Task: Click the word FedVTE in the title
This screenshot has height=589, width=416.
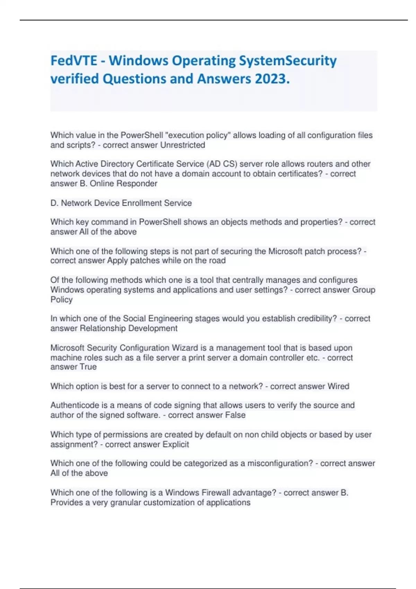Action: (x=74, y=61)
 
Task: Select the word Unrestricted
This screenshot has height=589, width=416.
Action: (x=183, y=145)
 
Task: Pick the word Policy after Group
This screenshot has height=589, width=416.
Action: (x=61, y=300)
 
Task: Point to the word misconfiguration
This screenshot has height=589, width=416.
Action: (x=280, y=464)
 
